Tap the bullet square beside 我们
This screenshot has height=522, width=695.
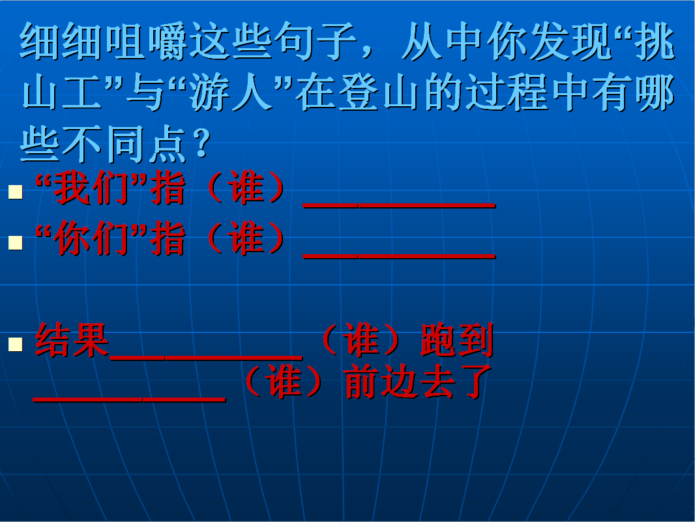[16, 192]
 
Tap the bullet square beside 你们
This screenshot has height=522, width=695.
[16, 243]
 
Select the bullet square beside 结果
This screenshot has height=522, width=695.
[16, 344]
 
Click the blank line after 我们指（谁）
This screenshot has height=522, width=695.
[399, 206]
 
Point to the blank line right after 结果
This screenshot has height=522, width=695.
[206, 357]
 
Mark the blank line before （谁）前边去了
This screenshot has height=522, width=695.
[130, 400]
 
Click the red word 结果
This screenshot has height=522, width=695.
[72, 340]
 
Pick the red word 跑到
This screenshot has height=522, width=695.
[456, 340]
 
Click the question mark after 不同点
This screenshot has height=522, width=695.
[202, 143]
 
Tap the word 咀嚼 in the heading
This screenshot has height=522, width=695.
[147, 42]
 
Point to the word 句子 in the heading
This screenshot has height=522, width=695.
[316, 42]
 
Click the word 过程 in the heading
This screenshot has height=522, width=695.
[507, 93]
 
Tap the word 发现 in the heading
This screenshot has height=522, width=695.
[570, 42]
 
